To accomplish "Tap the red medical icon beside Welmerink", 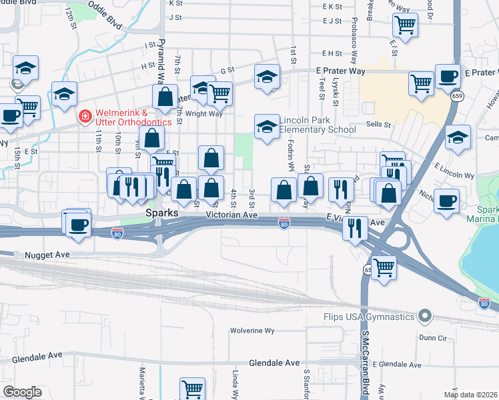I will (x=85, y=117).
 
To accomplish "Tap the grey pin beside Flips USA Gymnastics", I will (x=424, y=317).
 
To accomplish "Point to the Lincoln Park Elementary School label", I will (x=318, y=125).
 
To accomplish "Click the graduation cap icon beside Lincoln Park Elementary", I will (x=267, y=126).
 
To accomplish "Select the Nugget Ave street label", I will (x=47, y=255).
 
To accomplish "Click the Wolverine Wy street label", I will (x=252, y=330).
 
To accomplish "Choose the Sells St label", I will (x=378, y=124).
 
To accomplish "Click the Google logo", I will (x=22, y=392).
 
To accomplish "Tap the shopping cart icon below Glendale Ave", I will (x=192, y=389).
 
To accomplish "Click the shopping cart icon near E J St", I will (x=405, y=25).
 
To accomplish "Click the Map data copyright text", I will (x=470, y=395).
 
